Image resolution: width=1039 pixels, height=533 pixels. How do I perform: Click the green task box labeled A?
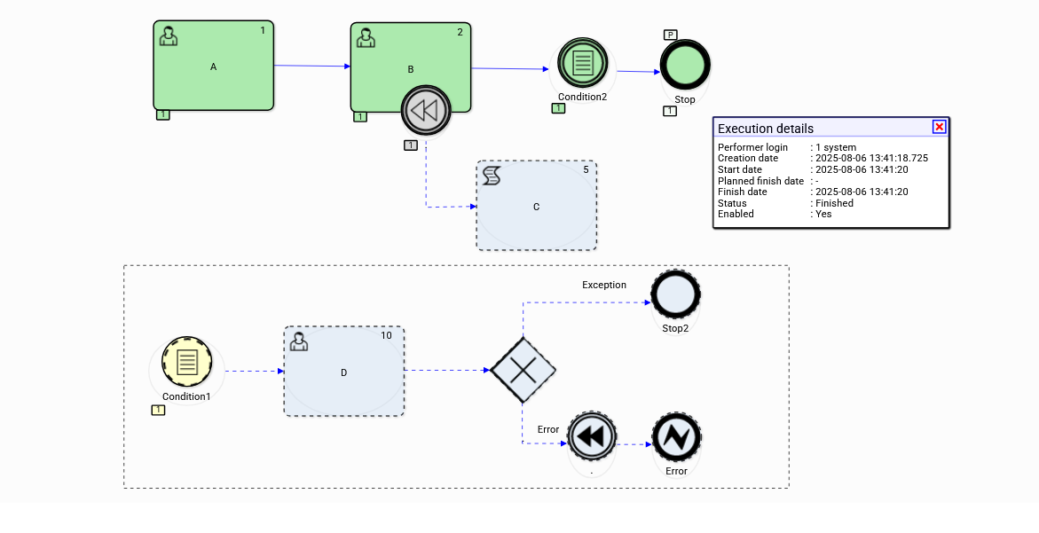[213, 67]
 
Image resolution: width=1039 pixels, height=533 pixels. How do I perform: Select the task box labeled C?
[536, 206]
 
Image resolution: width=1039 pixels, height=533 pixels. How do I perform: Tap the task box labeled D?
[343, 372]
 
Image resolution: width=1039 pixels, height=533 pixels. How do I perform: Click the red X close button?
[939, 127]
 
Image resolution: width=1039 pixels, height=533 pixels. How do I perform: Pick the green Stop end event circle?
[685, 67]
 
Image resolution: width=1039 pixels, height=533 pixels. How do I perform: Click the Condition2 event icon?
[582, 63]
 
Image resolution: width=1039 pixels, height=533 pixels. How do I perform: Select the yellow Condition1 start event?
[186, 362]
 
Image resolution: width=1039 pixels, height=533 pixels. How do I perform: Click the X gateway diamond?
[523, 370]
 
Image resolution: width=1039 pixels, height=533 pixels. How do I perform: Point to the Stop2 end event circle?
[675, 295]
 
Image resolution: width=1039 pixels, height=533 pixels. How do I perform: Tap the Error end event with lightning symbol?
[676, 437]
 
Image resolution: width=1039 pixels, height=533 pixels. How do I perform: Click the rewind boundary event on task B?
[426, 111]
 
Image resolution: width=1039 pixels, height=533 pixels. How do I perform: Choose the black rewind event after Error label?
[592, 437]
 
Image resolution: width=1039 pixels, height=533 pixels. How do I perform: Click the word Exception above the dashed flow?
[604, 286]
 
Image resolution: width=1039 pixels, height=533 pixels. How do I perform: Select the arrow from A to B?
[311, 66]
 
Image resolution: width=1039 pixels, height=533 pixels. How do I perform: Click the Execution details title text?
[766, 129]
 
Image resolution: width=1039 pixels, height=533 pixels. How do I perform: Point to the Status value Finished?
[835, 203]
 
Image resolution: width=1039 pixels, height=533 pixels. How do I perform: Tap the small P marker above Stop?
[671, 35]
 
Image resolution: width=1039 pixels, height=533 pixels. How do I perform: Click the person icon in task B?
[365, 38]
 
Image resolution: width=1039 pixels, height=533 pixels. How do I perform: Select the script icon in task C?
[492, 176]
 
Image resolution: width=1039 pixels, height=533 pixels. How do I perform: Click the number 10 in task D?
[387, 335]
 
